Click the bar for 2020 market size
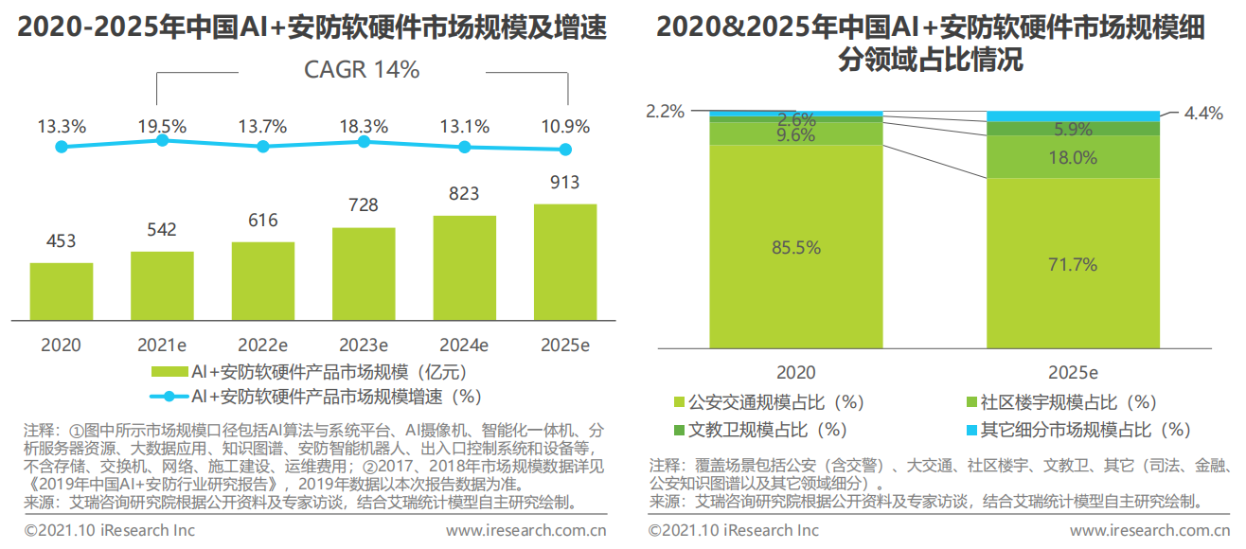(62, 291)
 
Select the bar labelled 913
(565, 261)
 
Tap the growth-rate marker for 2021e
(162, 140)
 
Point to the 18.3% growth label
(365, 126)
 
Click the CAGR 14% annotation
(362, 70)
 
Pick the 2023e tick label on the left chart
(365, 345)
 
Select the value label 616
(262, 221)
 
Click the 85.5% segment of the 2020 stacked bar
(795, 248)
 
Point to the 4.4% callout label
(1203, 114)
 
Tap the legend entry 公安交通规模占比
(775, 403)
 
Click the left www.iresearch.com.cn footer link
(525, 530)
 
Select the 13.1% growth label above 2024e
(465, 126)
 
